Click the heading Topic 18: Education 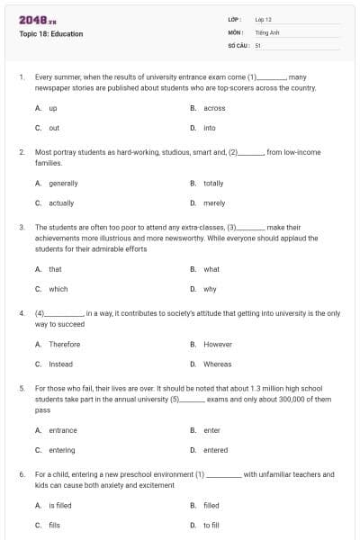point(50,34)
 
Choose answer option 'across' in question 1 point(214,108)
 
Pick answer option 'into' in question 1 point(210,128)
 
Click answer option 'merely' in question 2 point(214,202)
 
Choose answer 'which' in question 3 point(58,289)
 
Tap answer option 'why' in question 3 point(210,289)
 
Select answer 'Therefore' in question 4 point(64,344)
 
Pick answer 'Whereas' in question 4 point(217,364)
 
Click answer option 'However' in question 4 point(217,344)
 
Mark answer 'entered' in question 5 point(215,450)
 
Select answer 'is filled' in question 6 point(60,505)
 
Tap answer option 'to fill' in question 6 point(211,525)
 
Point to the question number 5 point(21,388)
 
